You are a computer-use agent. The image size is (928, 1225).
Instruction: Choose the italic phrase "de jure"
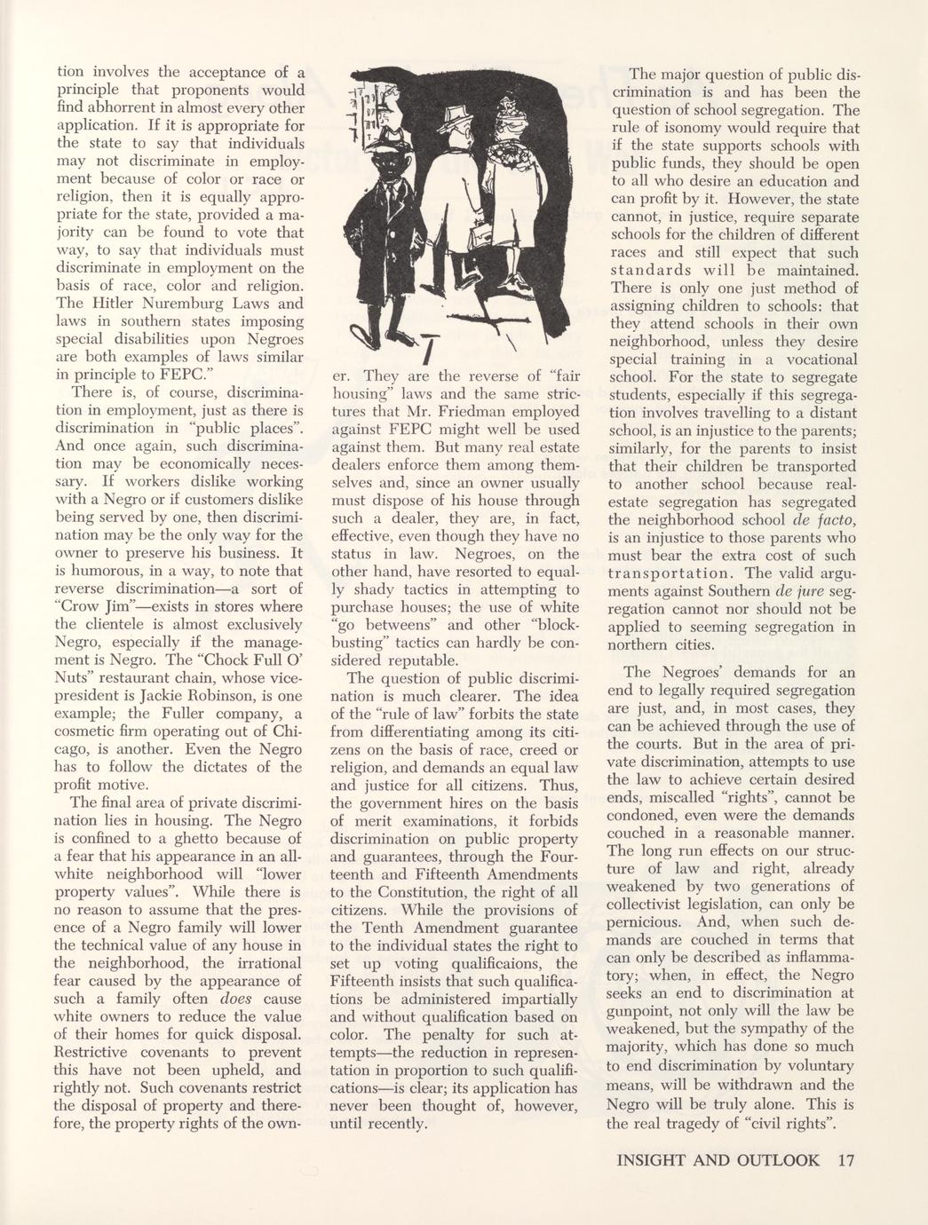click(797, 590)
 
